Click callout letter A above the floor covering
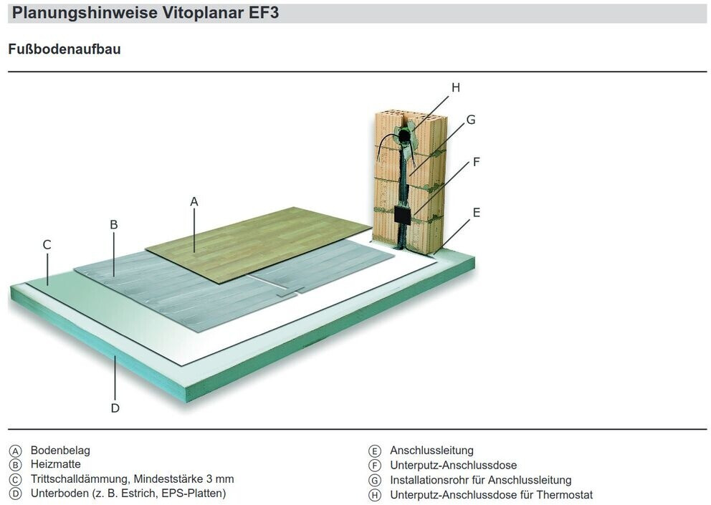194,202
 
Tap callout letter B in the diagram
113,224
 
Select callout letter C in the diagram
47,245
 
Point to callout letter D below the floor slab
115,408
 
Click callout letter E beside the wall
477,212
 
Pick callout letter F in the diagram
476,162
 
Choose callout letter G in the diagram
471,120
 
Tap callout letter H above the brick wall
455,87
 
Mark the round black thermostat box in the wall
405,134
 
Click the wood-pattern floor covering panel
272,240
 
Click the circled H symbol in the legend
374,495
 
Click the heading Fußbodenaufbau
65,50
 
